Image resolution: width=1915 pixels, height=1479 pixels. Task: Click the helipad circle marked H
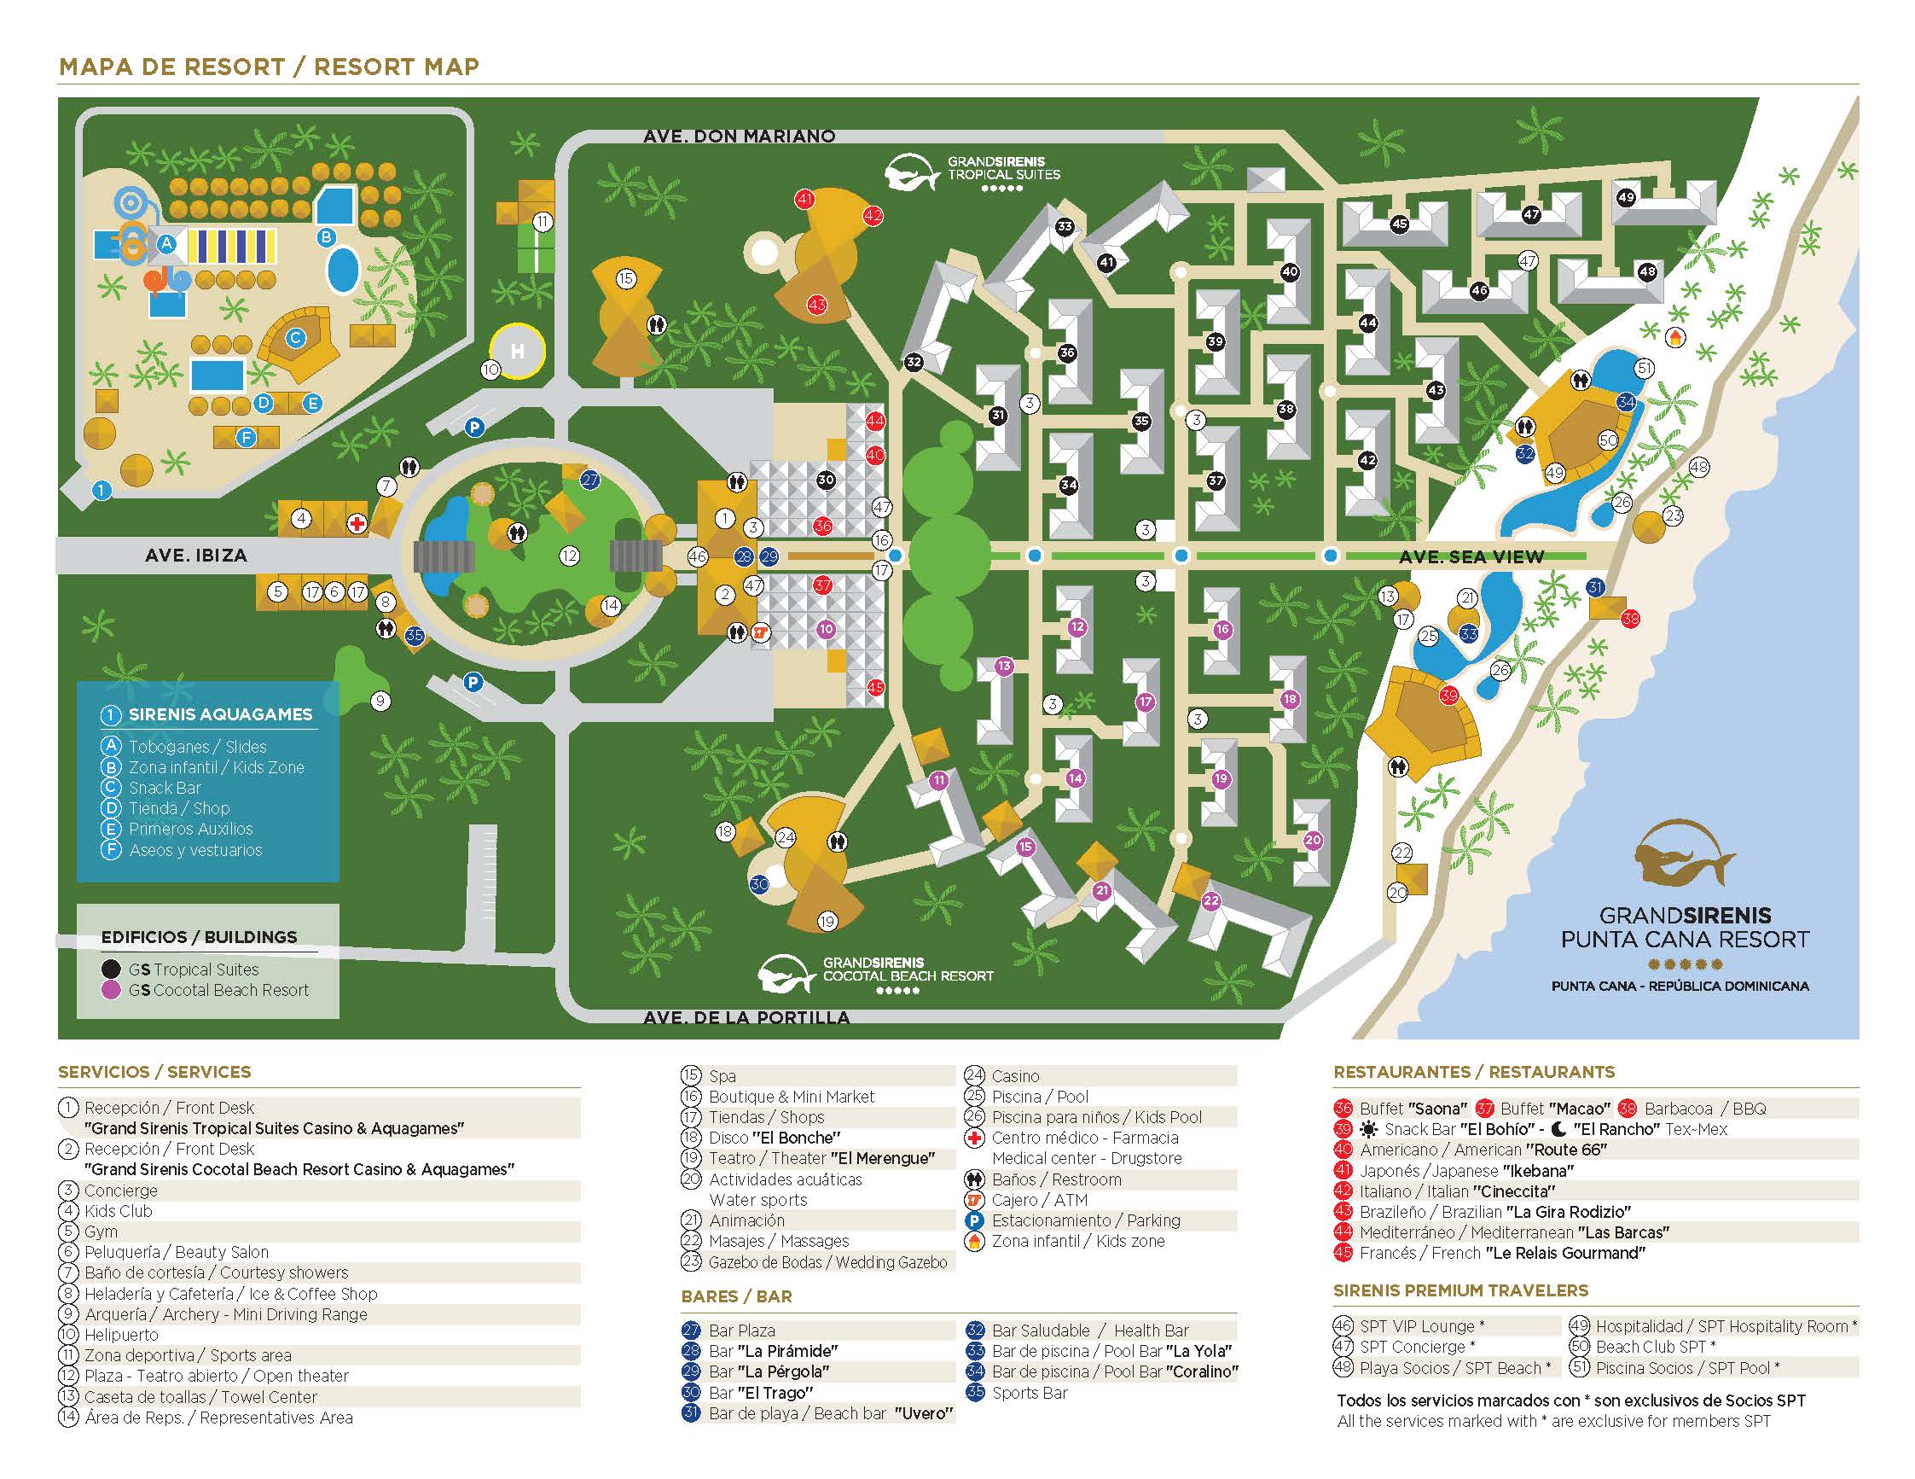click(x=517, y=352)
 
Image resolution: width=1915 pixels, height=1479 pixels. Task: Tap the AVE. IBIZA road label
click(x=195, y=556)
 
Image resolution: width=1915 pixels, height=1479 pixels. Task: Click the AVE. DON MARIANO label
click(x=739, y=136)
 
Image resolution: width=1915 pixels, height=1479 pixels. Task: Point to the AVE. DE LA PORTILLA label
click(x=746, y=1017)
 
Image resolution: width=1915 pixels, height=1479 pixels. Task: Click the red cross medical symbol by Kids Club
click(x=357, y=524)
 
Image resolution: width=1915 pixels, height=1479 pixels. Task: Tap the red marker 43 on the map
click(x=817, y=306)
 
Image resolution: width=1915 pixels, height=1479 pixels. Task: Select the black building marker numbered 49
click(x=1627, y=197)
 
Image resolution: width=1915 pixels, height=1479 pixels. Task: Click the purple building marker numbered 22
click(x=1211, y=901)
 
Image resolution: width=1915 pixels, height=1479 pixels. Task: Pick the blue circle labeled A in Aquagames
click(x=165, y=245)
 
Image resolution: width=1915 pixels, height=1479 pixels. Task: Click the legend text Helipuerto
click(x=121, y=1334)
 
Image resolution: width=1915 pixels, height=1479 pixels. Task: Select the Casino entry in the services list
click(x=1014, y=1075)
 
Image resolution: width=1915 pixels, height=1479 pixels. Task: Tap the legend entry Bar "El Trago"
click(x=760, y=1392)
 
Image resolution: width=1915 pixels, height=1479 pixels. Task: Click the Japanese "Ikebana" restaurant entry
click(x=1466, y=1170)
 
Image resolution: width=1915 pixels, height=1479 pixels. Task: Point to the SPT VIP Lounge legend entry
click(x=1416, y=1325)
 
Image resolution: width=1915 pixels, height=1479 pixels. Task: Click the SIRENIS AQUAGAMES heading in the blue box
click(x=219, y=714)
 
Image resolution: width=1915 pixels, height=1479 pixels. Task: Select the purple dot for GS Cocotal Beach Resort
click(x=112, y=989)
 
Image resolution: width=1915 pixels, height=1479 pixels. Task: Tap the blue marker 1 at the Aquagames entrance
click(x=102, y=491)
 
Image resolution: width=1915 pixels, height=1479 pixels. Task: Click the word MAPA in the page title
click(x=96, y=67)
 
